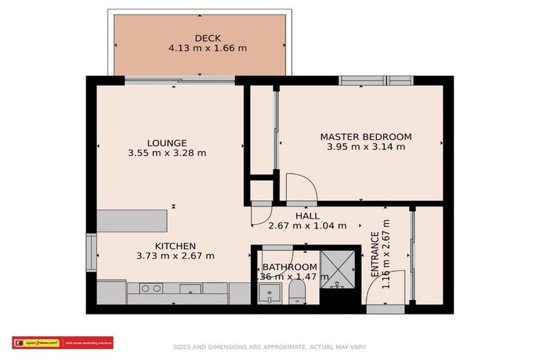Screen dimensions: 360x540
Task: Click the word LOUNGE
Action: click(167, 143)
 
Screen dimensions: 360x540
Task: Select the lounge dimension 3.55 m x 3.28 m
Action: click(167, 153)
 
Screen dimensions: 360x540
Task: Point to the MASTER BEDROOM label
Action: click(366, 136)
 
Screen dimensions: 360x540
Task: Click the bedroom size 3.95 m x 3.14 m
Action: click(366, 147)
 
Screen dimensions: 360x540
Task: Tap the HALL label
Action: click(307, 216)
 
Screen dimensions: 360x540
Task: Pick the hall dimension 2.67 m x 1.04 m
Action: click(307, 226)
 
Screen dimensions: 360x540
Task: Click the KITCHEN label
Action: click(175, 245)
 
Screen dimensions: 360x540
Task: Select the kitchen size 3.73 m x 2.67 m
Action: click(175, 256)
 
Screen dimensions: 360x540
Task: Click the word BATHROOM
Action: click(290, 267)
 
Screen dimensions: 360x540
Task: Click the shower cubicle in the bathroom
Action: click(340, 269)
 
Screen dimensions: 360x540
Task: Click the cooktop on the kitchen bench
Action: click(149, 288)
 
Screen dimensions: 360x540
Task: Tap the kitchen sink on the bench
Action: click(188, 288)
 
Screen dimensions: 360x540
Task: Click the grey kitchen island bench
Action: click(132, 220)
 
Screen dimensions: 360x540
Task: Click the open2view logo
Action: click(37, 343)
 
